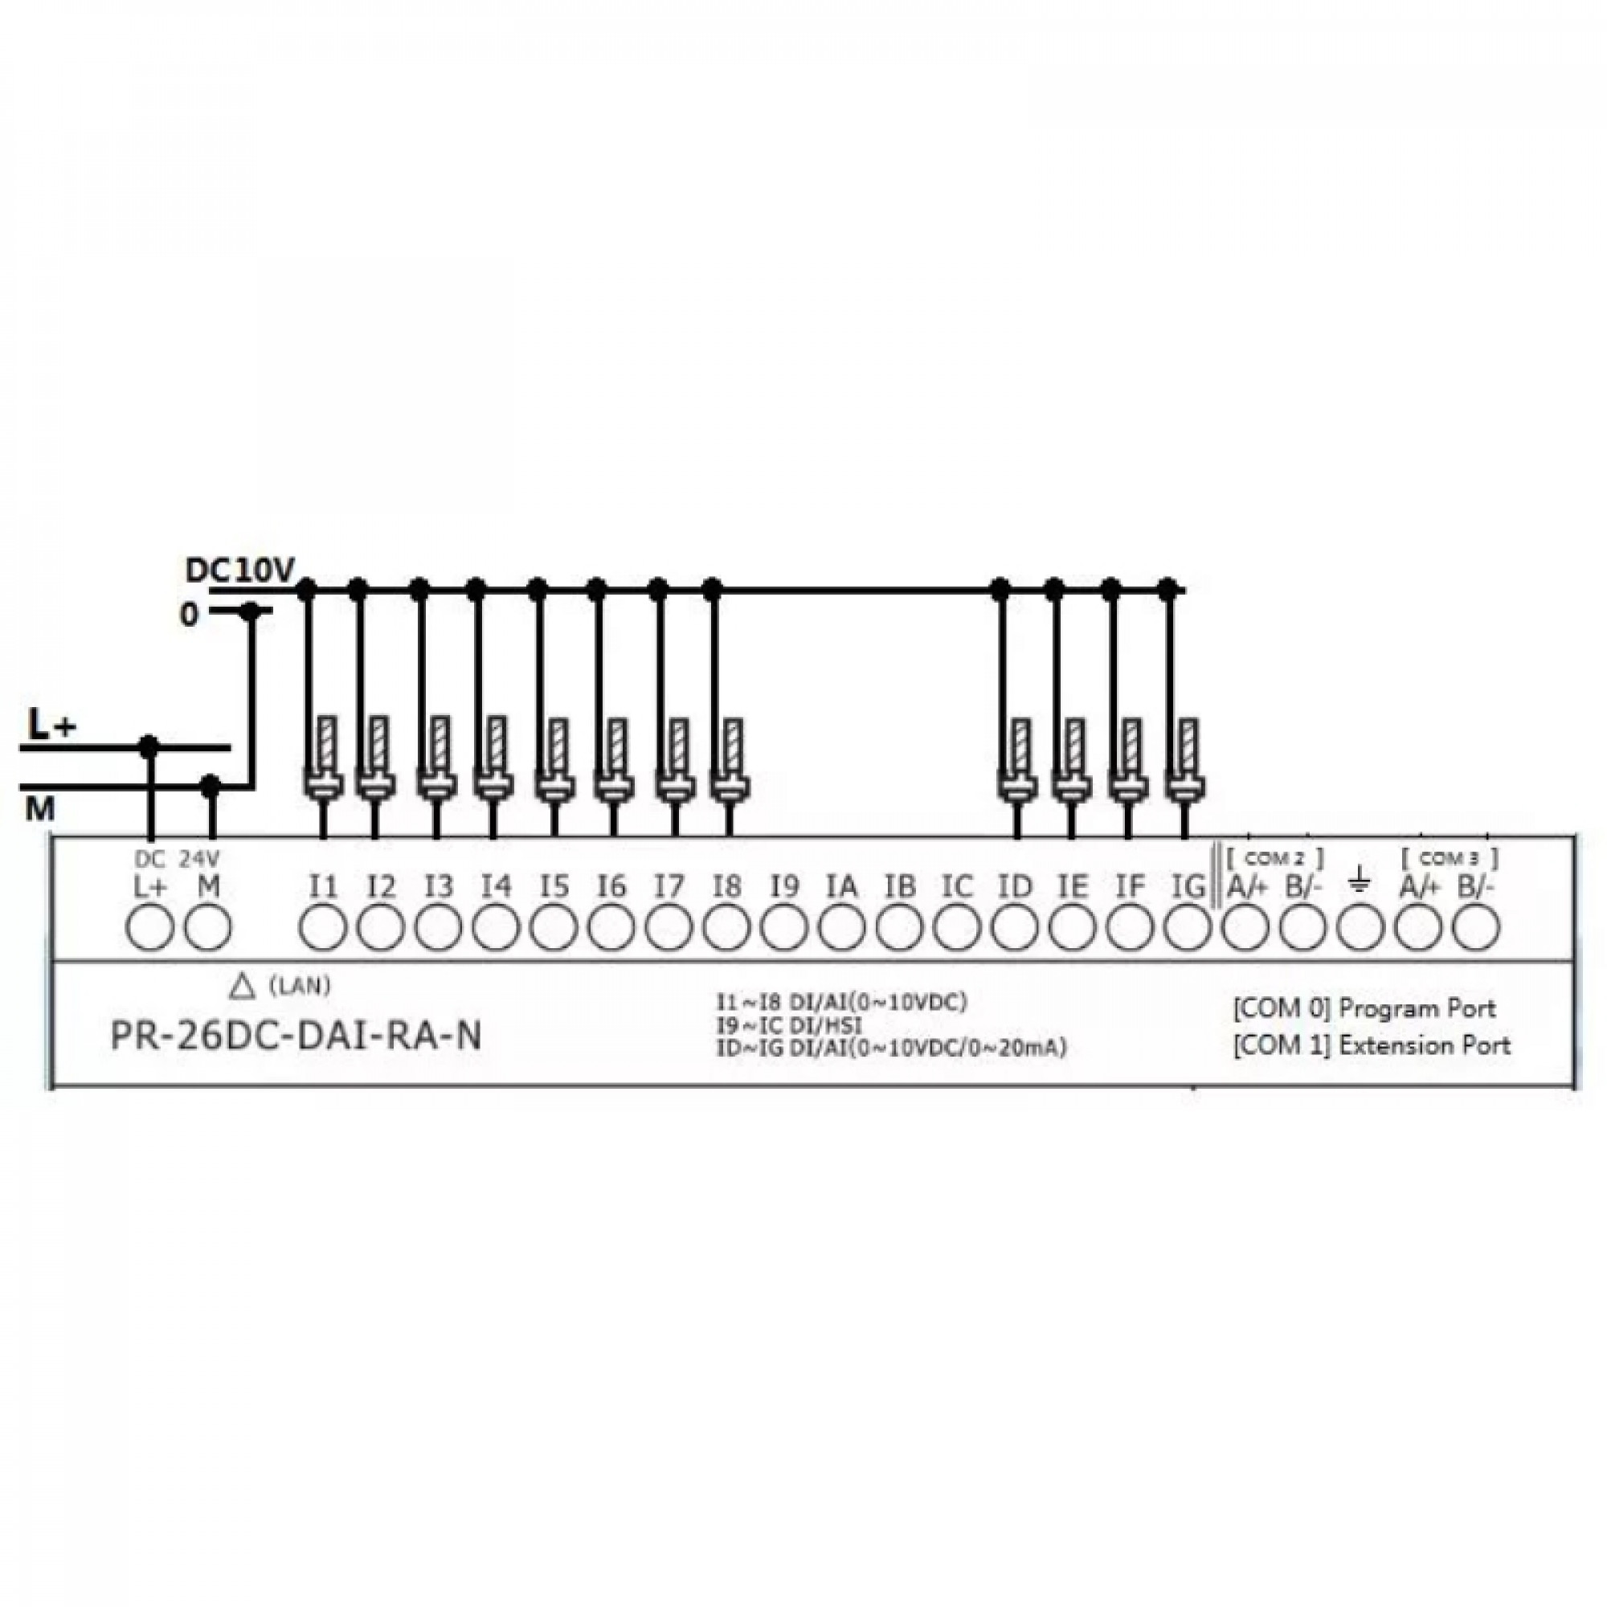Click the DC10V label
(239, 570)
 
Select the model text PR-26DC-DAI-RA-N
(296, 1037)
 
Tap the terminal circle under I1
(323, 927)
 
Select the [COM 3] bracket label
(1450, 857)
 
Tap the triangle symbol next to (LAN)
(241, 988)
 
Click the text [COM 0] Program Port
(1364, 1009)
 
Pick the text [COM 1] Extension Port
(1372, 1045)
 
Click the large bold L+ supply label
(51, 726)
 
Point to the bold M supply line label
(39, 809)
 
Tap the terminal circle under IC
(956, 927)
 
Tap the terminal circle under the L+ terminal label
(149, 927)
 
